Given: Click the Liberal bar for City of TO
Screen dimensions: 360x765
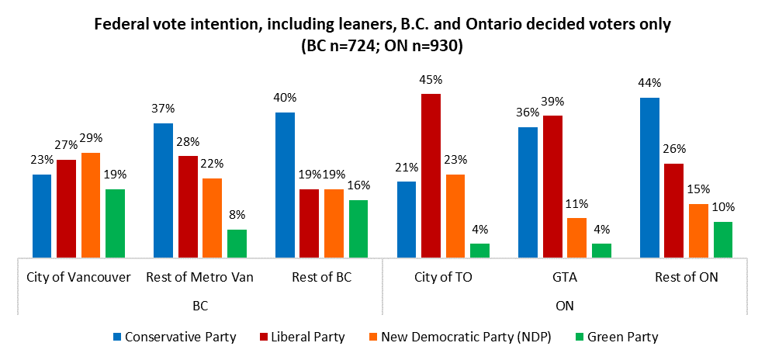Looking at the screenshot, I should click(x=431, y=175).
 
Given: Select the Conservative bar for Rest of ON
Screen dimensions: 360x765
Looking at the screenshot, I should click(x=649, y=177).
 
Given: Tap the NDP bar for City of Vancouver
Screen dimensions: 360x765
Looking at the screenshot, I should click(x=91, y=204).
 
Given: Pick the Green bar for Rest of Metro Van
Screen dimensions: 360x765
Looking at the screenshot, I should click(x=237, y=243).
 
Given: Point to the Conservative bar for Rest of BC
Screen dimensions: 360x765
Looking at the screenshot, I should click(x=286, y=184).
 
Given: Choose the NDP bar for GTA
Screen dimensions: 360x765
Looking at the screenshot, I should click(x=576, y=237).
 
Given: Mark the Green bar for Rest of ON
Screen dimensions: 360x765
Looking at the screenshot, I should click(x=722, y=239).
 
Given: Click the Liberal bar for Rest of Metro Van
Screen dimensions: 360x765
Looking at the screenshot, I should click(x=188, y=206).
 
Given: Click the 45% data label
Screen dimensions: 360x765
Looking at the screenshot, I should click(x=431, y=80).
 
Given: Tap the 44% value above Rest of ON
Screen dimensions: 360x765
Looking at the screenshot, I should click(x=649, y=84).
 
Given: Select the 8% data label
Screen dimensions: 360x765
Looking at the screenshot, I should click(x=237, y=216).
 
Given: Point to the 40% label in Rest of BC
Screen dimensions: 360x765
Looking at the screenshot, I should click(x=286, y=99).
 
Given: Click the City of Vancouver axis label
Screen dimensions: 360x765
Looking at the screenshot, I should click(x=78, y=277).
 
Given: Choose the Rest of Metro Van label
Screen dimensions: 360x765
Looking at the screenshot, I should click(x=200, y=277).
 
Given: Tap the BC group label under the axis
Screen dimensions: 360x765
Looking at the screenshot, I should click(x=200, y=306).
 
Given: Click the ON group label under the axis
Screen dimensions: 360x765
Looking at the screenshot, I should click(x=565, y=306).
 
